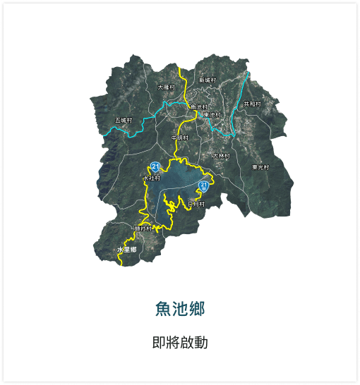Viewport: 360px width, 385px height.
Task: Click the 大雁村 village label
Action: point(166,87)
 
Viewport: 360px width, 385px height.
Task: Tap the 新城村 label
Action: point(207,80)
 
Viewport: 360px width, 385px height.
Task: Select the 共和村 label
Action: point(252,104)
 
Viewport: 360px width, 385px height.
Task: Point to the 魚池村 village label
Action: point(199,106)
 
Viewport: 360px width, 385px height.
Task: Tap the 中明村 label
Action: point(179,137)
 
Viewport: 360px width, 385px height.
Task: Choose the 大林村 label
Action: point(222,156)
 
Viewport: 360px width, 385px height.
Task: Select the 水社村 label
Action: point(152,179)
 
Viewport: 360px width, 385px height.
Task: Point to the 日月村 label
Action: point(196,204)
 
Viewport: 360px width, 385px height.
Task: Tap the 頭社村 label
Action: point(143,228)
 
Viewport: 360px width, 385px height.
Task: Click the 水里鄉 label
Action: point(126,250)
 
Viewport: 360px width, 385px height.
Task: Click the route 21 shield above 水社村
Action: point(155,167)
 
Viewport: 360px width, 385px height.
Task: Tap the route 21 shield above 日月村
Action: point(203,186)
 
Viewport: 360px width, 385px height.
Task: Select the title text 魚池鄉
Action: point(180,309)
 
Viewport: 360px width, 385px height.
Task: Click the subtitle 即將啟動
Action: point(180,343)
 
